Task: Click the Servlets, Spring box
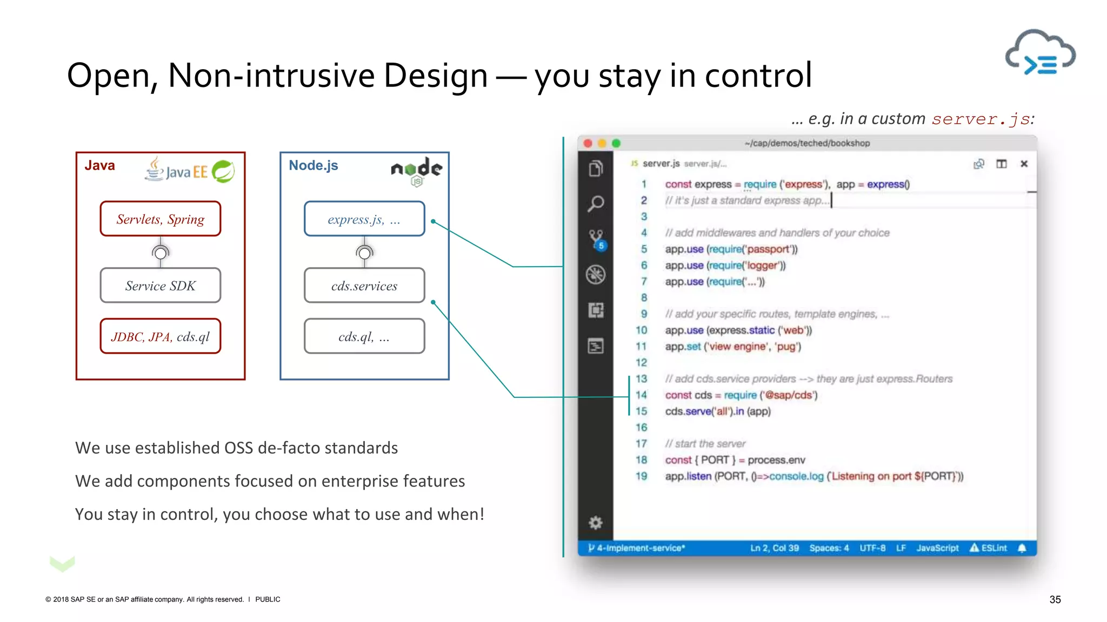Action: click(161, 219)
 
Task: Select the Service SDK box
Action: click(161, 285)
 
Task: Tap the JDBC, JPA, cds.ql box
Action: click(161, 336)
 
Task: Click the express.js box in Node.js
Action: click(364, 219)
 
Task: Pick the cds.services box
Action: click(364, 285)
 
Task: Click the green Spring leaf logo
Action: click(223, 172)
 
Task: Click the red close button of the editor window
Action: click(588, 143)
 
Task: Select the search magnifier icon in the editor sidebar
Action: click(596, 204)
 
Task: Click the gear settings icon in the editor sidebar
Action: click(596, 523)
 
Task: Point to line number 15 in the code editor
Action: click(641, 411)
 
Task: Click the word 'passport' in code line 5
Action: click(768, 249)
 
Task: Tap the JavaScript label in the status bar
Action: click(937, 548)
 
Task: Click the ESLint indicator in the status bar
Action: click(989, 548)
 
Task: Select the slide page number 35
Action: click(1055, 599)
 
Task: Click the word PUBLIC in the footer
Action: click(268, 599)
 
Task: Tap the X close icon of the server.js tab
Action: click(1024, 164)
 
